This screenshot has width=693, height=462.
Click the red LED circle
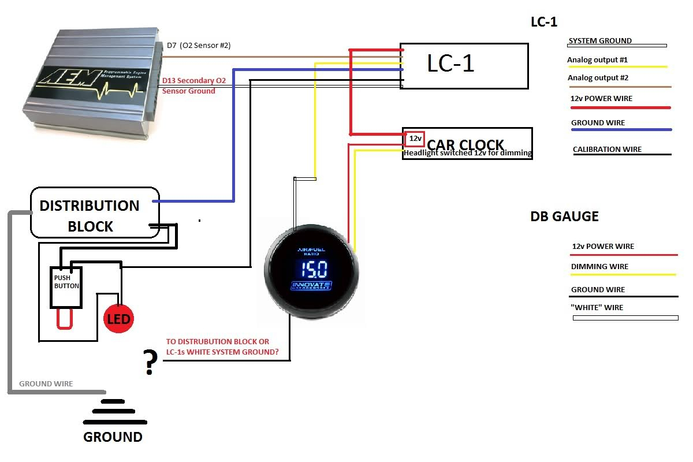(118, 319)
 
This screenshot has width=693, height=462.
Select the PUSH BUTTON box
(67, 286)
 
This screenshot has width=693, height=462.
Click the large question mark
(150, 363)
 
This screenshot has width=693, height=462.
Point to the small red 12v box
(415, 139)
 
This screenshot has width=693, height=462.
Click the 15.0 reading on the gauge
(312, 269)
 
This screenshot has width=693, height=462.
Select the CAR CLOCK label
(465, 145)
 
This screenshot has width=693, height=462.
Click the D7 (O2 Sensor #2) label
(198, 46)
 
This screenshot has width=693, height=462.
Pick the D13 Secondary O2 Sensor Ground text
(197, 86)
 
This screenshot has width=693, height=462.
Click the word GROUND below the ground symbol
(113, 437)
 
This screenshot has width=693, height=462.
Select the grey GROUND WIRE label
(46, 384)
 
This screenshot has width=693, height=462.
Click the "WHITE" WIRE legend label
(597, 308)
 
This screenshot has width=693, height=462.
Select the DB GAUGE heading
(564, 217)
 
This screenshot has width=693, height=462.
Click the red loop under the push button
(65, 319)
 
